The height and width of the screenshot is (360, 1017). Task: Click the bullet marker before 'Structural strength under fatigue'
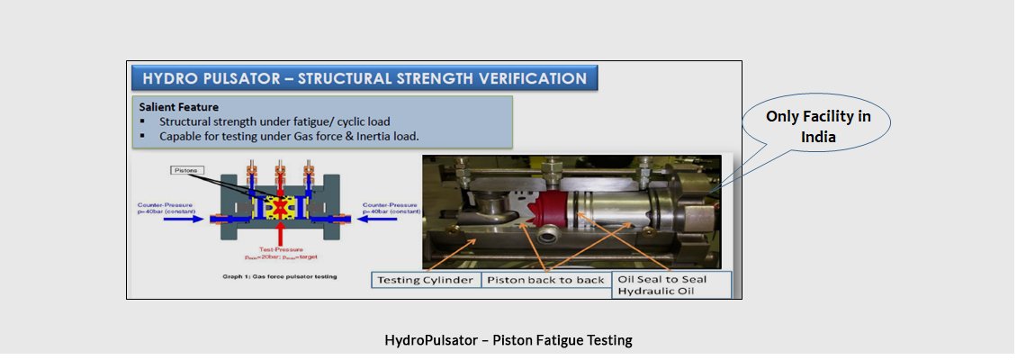click(x=143, y=121)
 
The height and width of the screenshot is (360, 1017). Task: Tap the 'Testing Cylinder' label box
click(x=426, y=280)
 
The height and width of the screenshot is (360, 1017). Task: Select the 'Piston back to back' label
click(x=545, y=280)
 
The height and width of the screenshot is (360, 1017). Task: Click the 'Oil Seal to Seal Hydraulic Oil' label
click(x=671, y=284)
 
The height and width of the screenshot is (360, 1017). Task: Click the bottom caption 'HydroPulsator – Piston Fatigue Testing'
click(x=508, y=340)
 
